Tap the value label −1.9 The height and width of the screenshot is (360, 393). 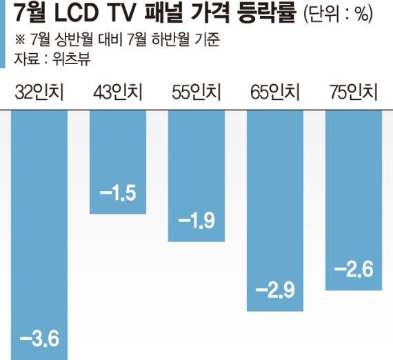point(196,222)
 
